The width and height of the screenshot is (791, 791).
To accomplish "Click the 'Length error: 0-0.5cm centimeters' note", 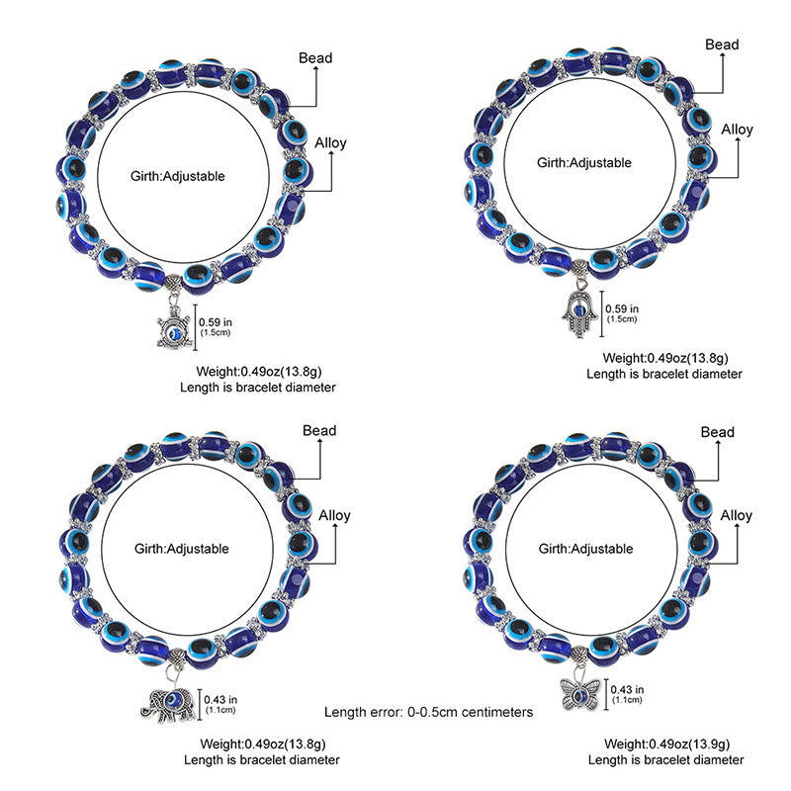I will (x=429, y=712).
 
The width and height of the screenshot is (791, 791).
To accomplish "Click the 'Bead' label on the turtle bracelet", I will (x=315, y=57).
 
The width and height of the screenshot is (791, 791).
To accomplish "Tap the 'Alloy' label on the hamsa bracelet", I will (x=737, y=130).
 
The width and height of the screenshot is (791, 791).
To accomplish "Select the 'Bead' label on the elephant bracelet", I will (x=319, y=430).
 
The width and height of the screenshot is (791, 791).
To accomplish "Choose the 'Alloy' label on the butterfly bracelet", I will (x=737, y=515).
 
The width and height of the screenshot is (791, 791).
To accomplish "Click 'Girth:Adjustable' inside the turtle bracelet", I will (x=178, y=176).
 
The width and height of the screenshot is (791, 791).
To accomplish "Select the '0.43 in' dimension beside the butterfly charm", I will (x=627, y=689).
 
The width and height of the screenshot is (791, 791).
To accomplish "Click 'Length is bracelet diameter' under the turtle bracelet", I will (x=258, y=388).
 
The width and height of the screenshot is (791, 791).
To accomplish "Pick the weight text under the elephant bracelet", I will (x=261, y=744).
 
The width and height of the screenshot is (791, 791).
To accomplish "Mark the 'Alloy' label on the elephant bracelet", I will (x=332, y=515).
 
